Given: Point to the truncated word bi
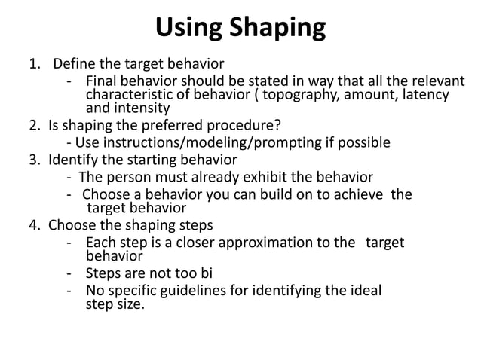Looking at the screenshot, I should [x=218, y=273].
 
